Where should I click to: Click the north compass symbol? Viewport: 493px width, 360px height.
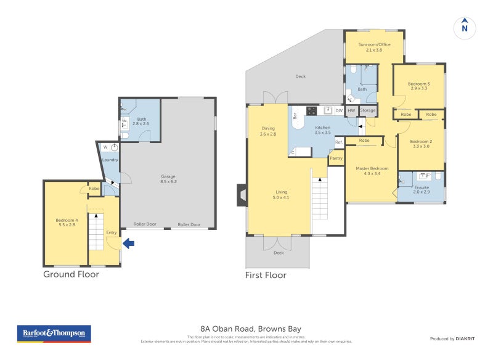[x=465, y=27]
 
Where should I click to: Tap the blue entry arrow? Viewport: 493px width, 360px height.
[x=128, y=243]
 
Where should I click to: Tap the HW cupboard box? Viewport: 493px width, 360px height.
[x=351, y=111]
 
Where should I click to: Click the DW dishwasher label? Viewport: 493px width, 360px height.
[x=339, y=111]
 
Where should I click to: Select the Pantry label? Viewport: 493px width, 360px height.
[x=336, y=158]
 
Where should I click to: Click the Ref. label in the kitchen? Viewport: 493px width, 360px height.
[x=338, y=143]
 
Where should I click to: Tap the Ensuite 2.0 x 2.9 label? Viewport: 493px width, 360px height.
[x=421, y=190]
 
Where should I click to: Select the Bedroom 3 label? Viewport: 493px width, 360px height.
[x=419, y=86]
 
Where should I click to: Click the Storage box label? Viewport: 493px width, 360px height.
[x=367, y=111]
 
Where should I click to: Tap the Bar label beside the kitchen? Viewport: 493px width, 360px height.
[x=296, y=115]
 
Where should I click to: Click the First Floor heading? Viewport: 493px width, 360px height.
[x=266, y=275]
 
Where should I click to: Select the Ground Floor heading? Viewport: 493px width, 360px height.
[x=71, y=274]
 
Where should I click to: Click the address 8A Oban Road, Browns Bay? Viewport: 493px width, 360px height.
[x=250, y=329]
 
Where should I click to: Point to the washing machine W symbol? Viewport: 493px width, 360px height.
[x=105, y=147]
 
